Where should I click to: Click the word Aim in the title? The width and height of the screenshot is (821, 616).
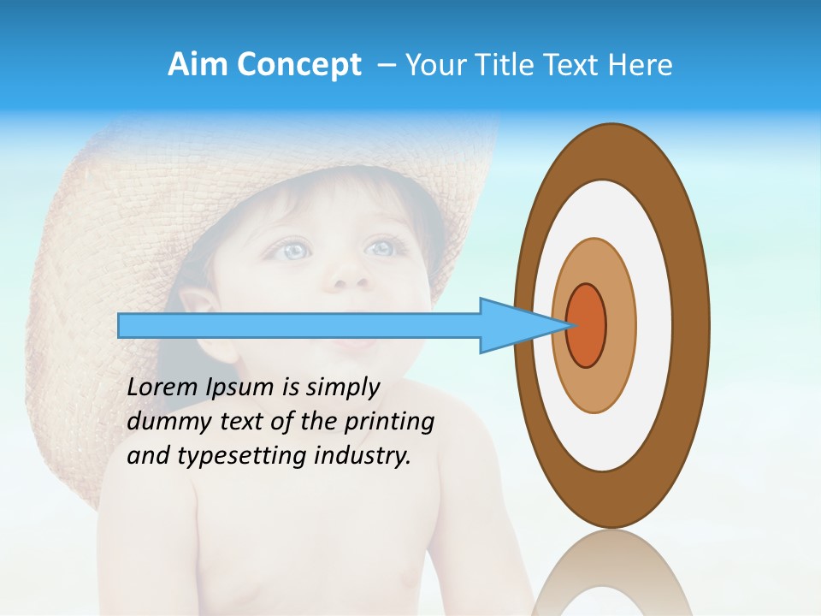[198, 65]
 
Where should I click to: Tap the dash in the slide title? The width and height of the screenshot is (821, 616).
[386, 65]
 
